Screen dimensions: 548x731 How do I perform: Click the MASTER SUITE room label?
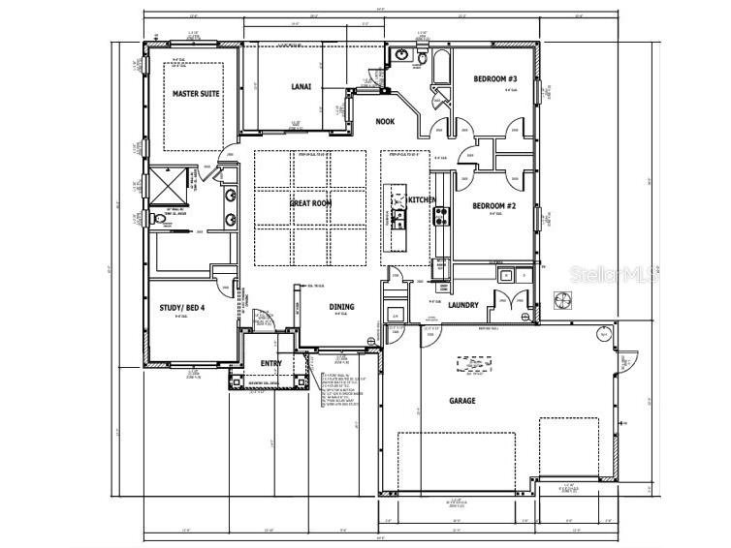pos(196,94)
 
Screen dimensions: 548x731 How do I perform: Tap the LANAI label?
pos(302,87)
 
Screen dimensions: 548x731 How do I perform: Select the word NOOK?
pos(386,121)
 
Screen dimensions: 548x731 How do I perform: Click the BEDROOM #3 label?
pos(494,78)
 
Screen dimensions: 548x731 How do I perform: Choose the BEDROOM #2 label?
pos(494,205)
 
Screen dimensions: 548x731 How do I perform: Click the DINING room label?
pos(341,307)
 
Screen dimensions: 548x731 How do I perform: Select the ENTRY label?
pos(271,363)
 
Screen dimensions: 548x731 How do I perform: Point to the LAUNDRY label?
pos(463,305)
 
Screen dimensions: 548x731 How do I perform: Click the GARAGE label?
pos(461,400)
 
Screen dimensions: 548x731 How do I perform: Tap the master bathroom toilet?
pos(161,219)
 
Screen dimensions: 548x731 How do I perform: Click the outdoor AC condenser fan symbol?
pos(562,300)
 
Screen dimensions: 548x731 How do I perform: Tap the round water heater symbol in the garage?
pos(602,334)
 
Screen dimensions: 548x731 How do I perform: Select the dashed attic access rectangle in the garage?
pos(474,365)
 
